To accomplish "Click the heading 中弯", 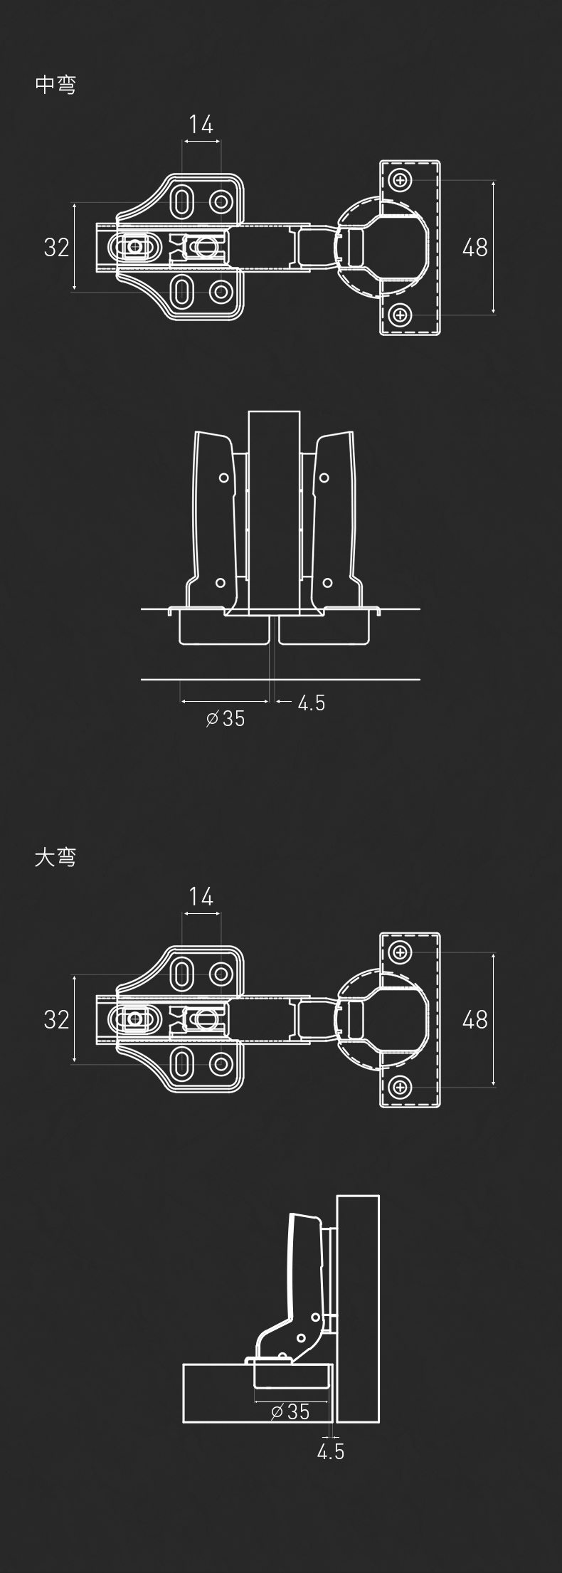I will coord(55,85).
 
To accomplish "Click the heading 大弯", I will coord(55,857).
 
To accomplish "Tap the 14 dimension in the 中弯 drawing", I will coord(201,125).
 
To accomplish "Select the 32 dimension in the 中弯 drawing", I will coord(57,248).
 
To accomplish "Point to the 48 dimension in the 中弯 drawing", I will coord(475,248).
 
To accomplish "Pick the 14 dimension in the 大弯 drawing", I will coord(201,897).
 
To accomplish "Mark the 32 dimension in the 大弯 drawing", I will coord(57,1019).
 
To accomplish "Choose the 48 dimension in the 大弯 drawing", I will coord(475,1020).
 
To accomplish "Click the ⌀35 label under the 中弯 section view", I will coord(226,719).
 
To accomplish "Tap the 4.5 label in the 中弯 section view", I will coord(311,703).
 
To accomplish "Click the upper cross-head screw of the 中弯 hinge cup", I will coord(401,180).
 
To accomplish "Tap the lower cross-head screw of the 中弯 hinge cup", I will coord(401,314).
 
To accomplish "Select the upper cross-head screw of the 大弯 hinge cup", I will coord(401,952).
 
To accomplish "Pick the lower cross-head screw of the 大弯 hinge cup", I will coord(401,1086).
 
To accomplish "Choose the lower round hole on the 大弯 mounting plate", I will coord(222,1064).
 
